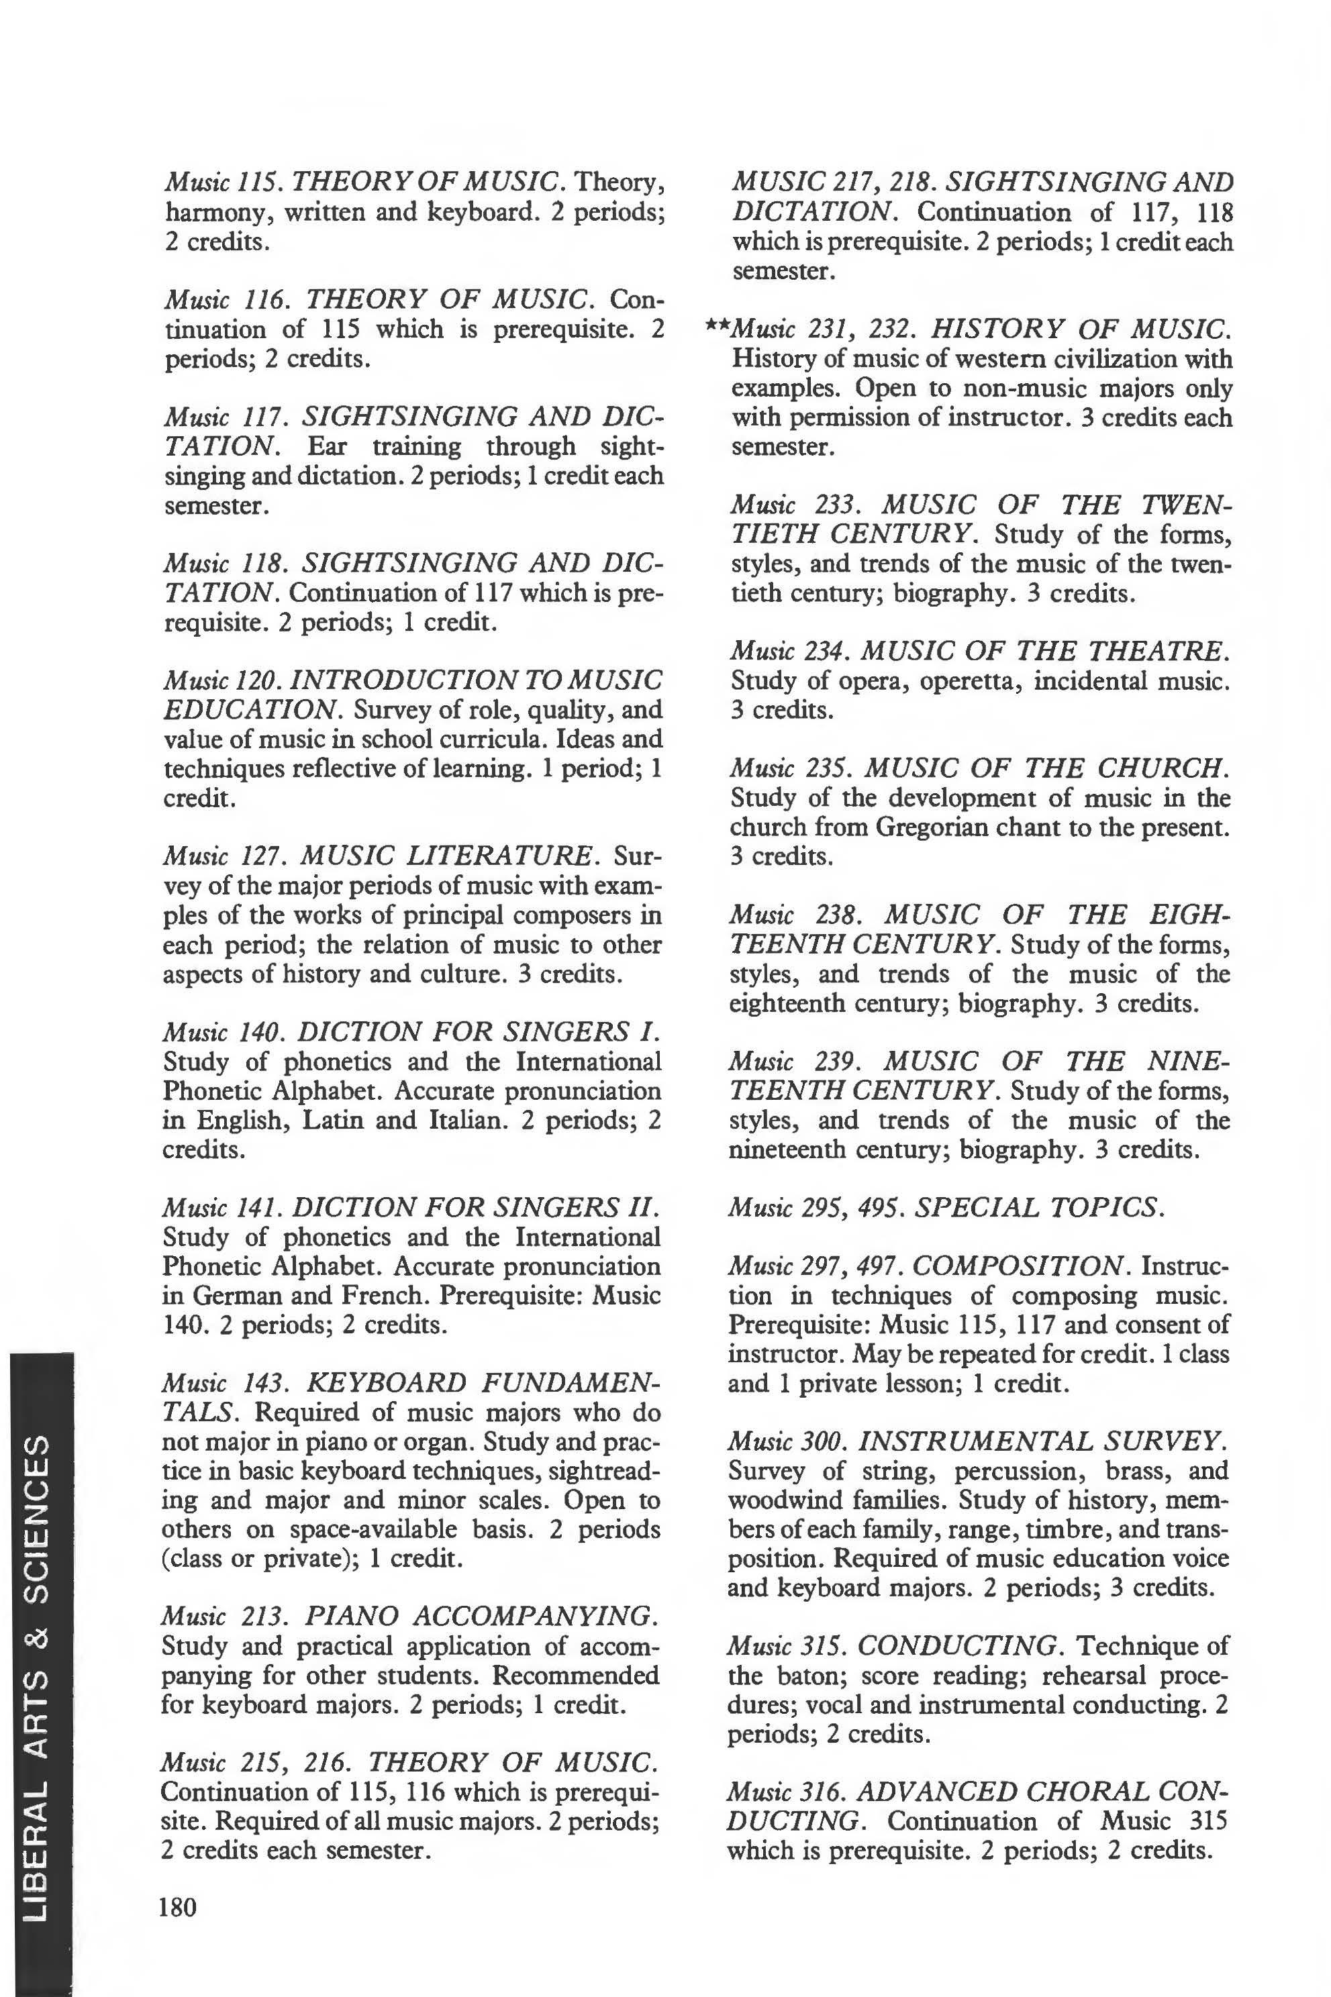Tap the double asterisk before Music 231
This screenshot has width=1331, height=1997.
718,326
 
